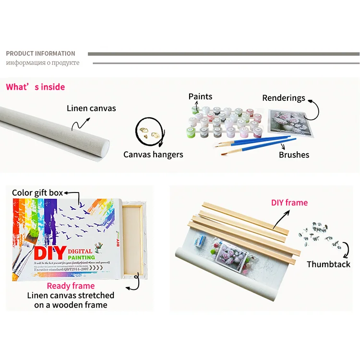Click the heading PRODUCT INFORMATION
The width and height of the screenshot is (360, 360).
coord(40,53)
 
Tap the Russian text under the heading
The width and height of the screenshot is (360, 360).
coord(42,63)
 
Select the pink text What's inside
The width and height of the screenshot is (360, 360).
coord(35,87)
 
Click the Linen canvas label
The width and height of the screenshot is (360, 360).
coord(91,108)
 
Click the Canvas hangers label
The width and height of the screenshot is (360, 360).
coord(153,154)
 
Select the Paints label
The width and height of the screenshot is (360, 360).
coord(200,96)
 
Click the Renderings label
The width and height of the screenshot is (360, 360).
coord(284,97)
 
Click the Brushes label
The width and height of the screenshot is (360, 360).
coord(294,155)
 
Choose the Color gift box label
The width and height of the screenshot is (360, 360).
coord(37,192)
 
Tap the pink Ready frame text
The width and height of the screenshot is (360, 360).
coord(71,286)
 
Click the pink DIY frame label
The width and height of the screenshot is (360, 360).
coord(289,203)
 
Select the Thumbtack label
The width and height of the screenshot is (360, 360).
coord(328,264)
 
